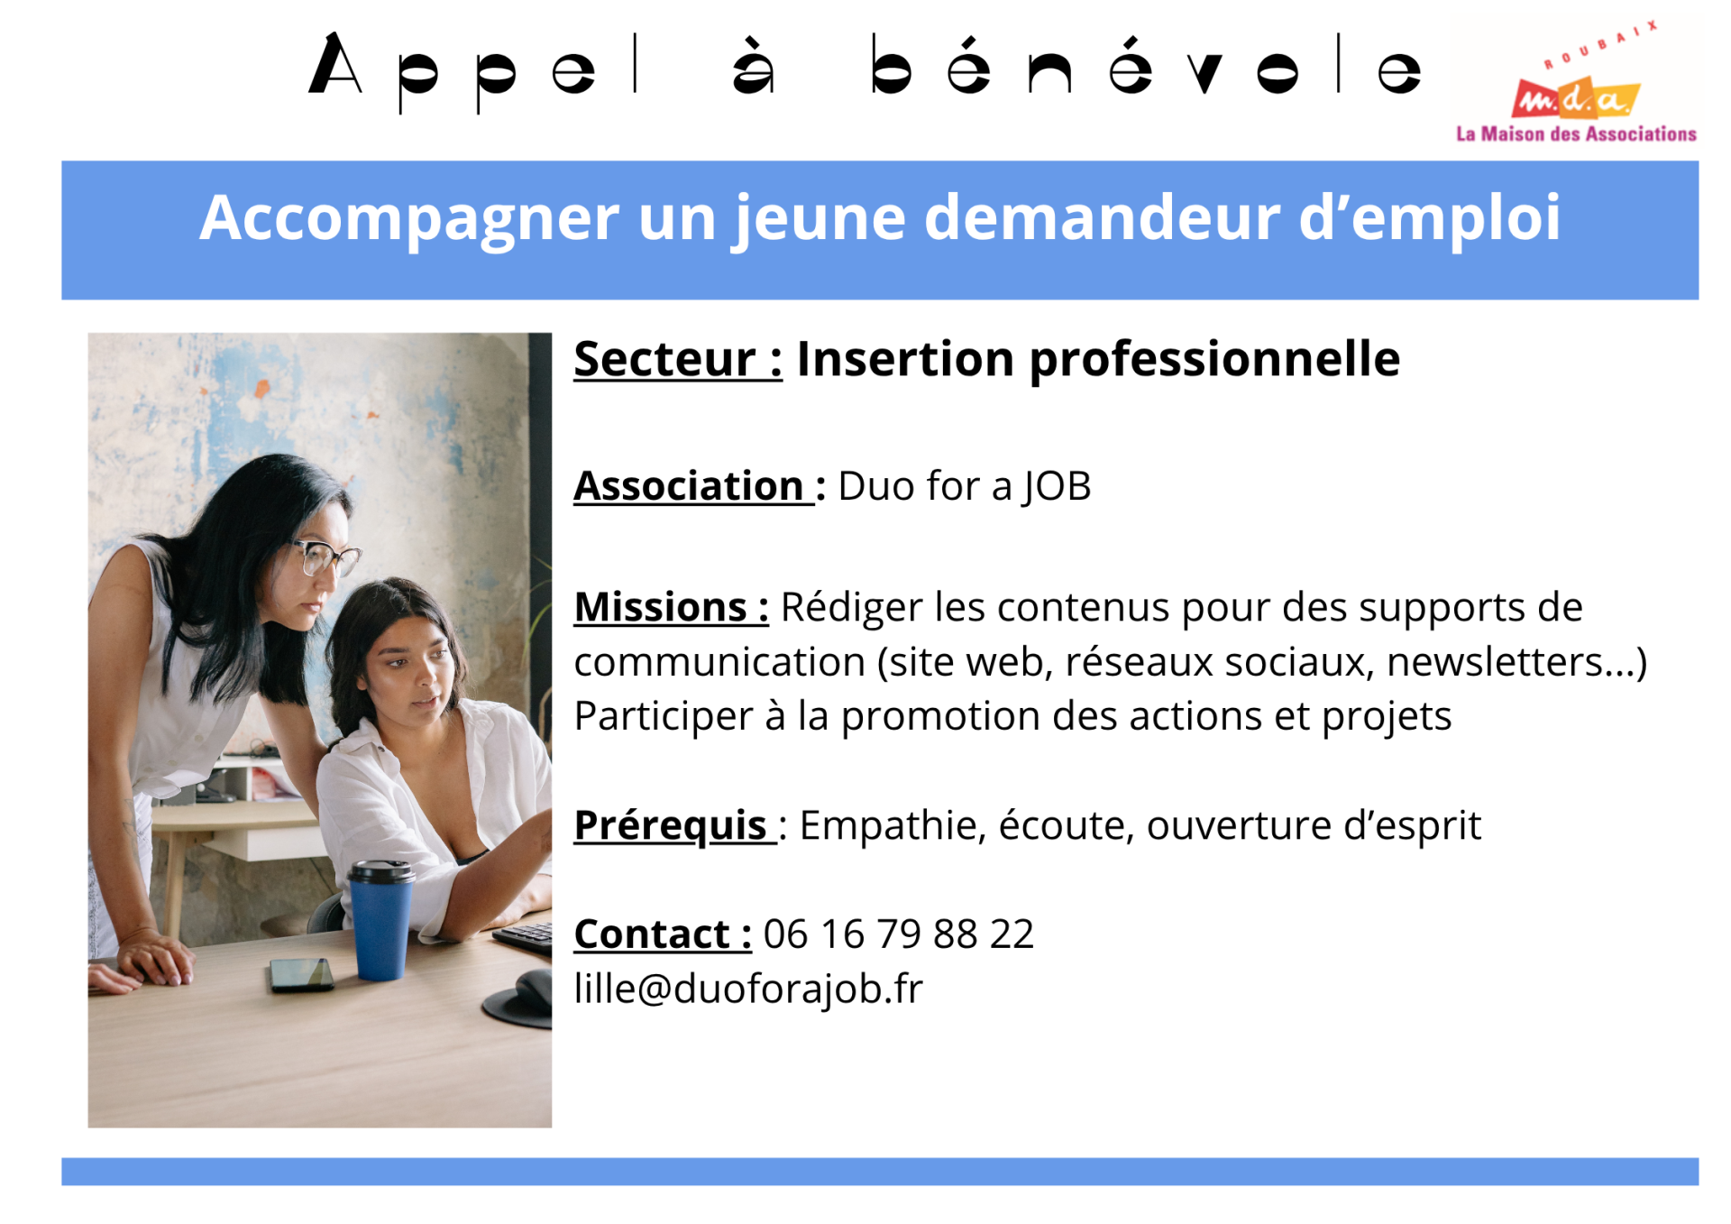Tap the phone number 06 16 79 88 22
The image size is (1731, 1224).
click(x=898, y=934)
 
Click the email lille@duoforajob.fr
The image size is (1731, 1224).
click(x=748, y=989)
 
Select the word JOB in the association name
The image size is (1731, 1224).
click(x=1056, y=487)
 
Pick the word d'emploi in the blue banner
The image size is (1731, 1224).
click(x=1428, y=218)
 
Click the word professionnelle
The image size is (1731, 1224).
click(x=1214, y=359)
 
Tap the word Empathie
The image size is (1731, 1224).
click(x=886, y=825)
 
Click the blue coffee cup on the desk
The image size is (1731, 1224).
click(x=380, y=920)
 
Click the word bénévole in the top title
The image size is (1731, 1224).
click(x=1145, y=68)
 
